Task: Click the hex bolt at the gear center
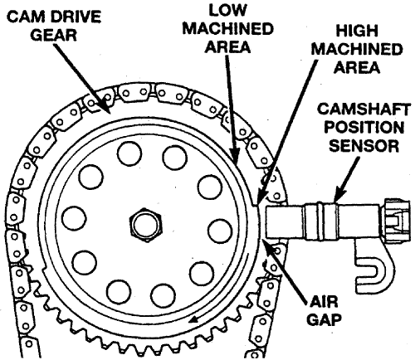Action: pyautogui.click(x=146, y=225)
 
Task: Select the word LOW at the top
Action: pyautogui.click(x=227, y=10)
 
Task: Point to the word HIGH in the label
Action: pyautogui.click(x=357, y=31)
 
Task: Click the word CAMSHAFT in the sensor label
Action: pyautogui.click(x=364, y=109)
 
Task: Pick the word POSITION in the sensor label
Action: pyautogui.click(x=364, y=128)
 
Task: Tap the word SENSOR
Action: pyautogui.click(x=364, y=145)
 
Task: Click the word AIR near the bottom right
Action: pyautogui.click(x=324, y=301)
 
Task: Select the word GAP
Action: pyautogui.click(x=324, y=320)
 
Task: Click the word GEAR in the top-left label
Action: pyautogui.click(x=53, y=35)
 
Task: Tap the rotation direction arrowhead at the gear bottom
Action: pyautogui.click(x=193, y=319)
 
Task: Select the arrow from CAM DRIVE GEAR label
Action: pyautogui.click(x=81, y=78)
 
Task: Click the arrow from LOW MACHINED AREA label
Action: pyautogui.click(x=232, y=109)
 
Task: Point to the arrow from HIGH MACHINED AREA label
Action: pyautogui.click(x=286, y=133)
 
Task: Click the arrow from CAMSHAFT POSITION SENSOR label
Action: pyautogui.click(x=346, y=180)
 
